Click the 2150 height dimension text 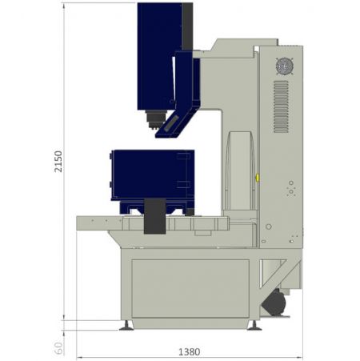pyautogui.click(x=56, y=162)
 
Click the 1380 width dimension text pyautogui.click(x=190, y=351)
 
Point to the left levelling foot pyautogui.click(x=126, y=324)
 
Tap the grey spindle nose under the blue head pyautogui.click(x=149, y=121)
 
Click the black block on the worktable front pyautogui.click(x=154, y=217)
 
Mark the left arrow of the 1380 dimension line pyautogui.click(x=78, y=356)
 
